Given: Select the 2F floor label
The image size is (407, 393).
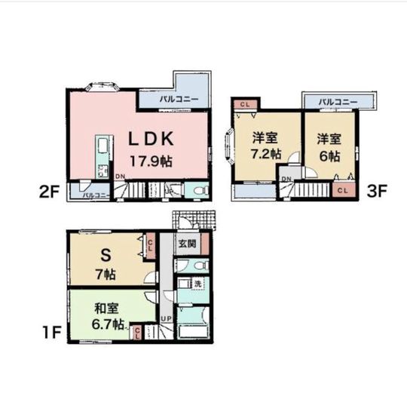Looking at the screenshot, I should pyautogui.click(x=50, y=192).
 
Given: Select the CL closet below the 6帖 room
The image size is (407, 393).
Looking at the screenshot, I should pyautogui.click(x=343, y=189).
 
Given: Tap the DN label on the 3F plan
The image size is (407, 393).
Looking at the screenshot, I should pyautogui.click(x=286, y=179).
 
